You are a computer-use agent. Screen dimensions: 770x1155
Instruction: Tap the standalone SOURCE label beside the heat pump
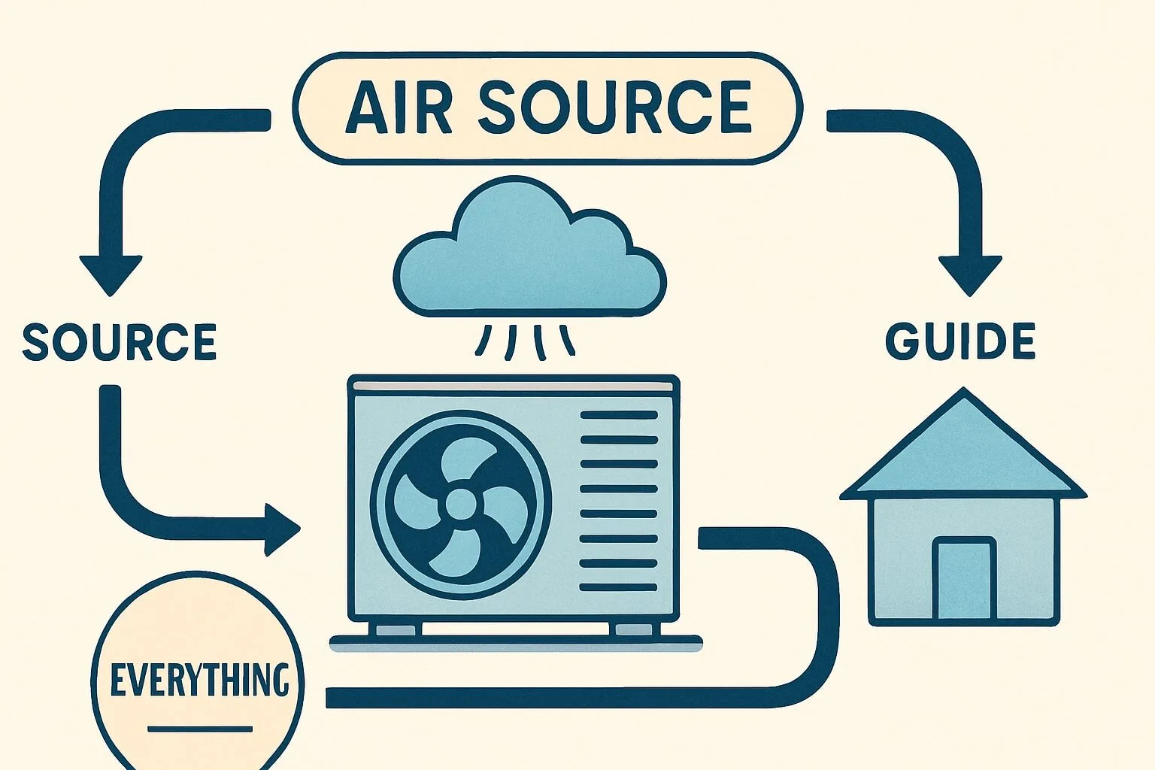point(120,342)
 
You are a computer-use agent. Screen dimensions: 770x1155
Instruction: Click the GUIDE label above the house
point(960,341)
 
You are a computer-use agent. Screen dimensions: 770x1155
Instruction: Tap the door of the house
point(964,577)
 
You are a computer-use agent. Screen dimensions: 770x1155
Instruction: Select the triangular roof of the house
point(962,451)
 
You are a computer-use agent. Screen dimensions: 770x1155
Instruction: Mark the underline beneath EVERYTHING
point(200,729)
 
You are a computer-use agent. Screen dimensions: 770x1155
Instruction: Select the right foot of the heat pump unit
point(634,629)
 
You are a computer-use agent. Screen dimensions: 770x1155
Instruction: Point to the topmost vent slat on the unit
point(618,414)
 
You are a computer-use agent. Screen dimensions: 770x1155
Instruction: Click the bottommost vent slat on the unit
point(618,587)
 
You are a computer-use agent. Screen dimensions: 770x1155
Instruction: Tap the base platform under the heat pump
point(516,644)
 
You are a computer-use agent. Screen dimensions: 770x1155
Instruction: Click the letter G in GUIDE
point(900,341)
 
